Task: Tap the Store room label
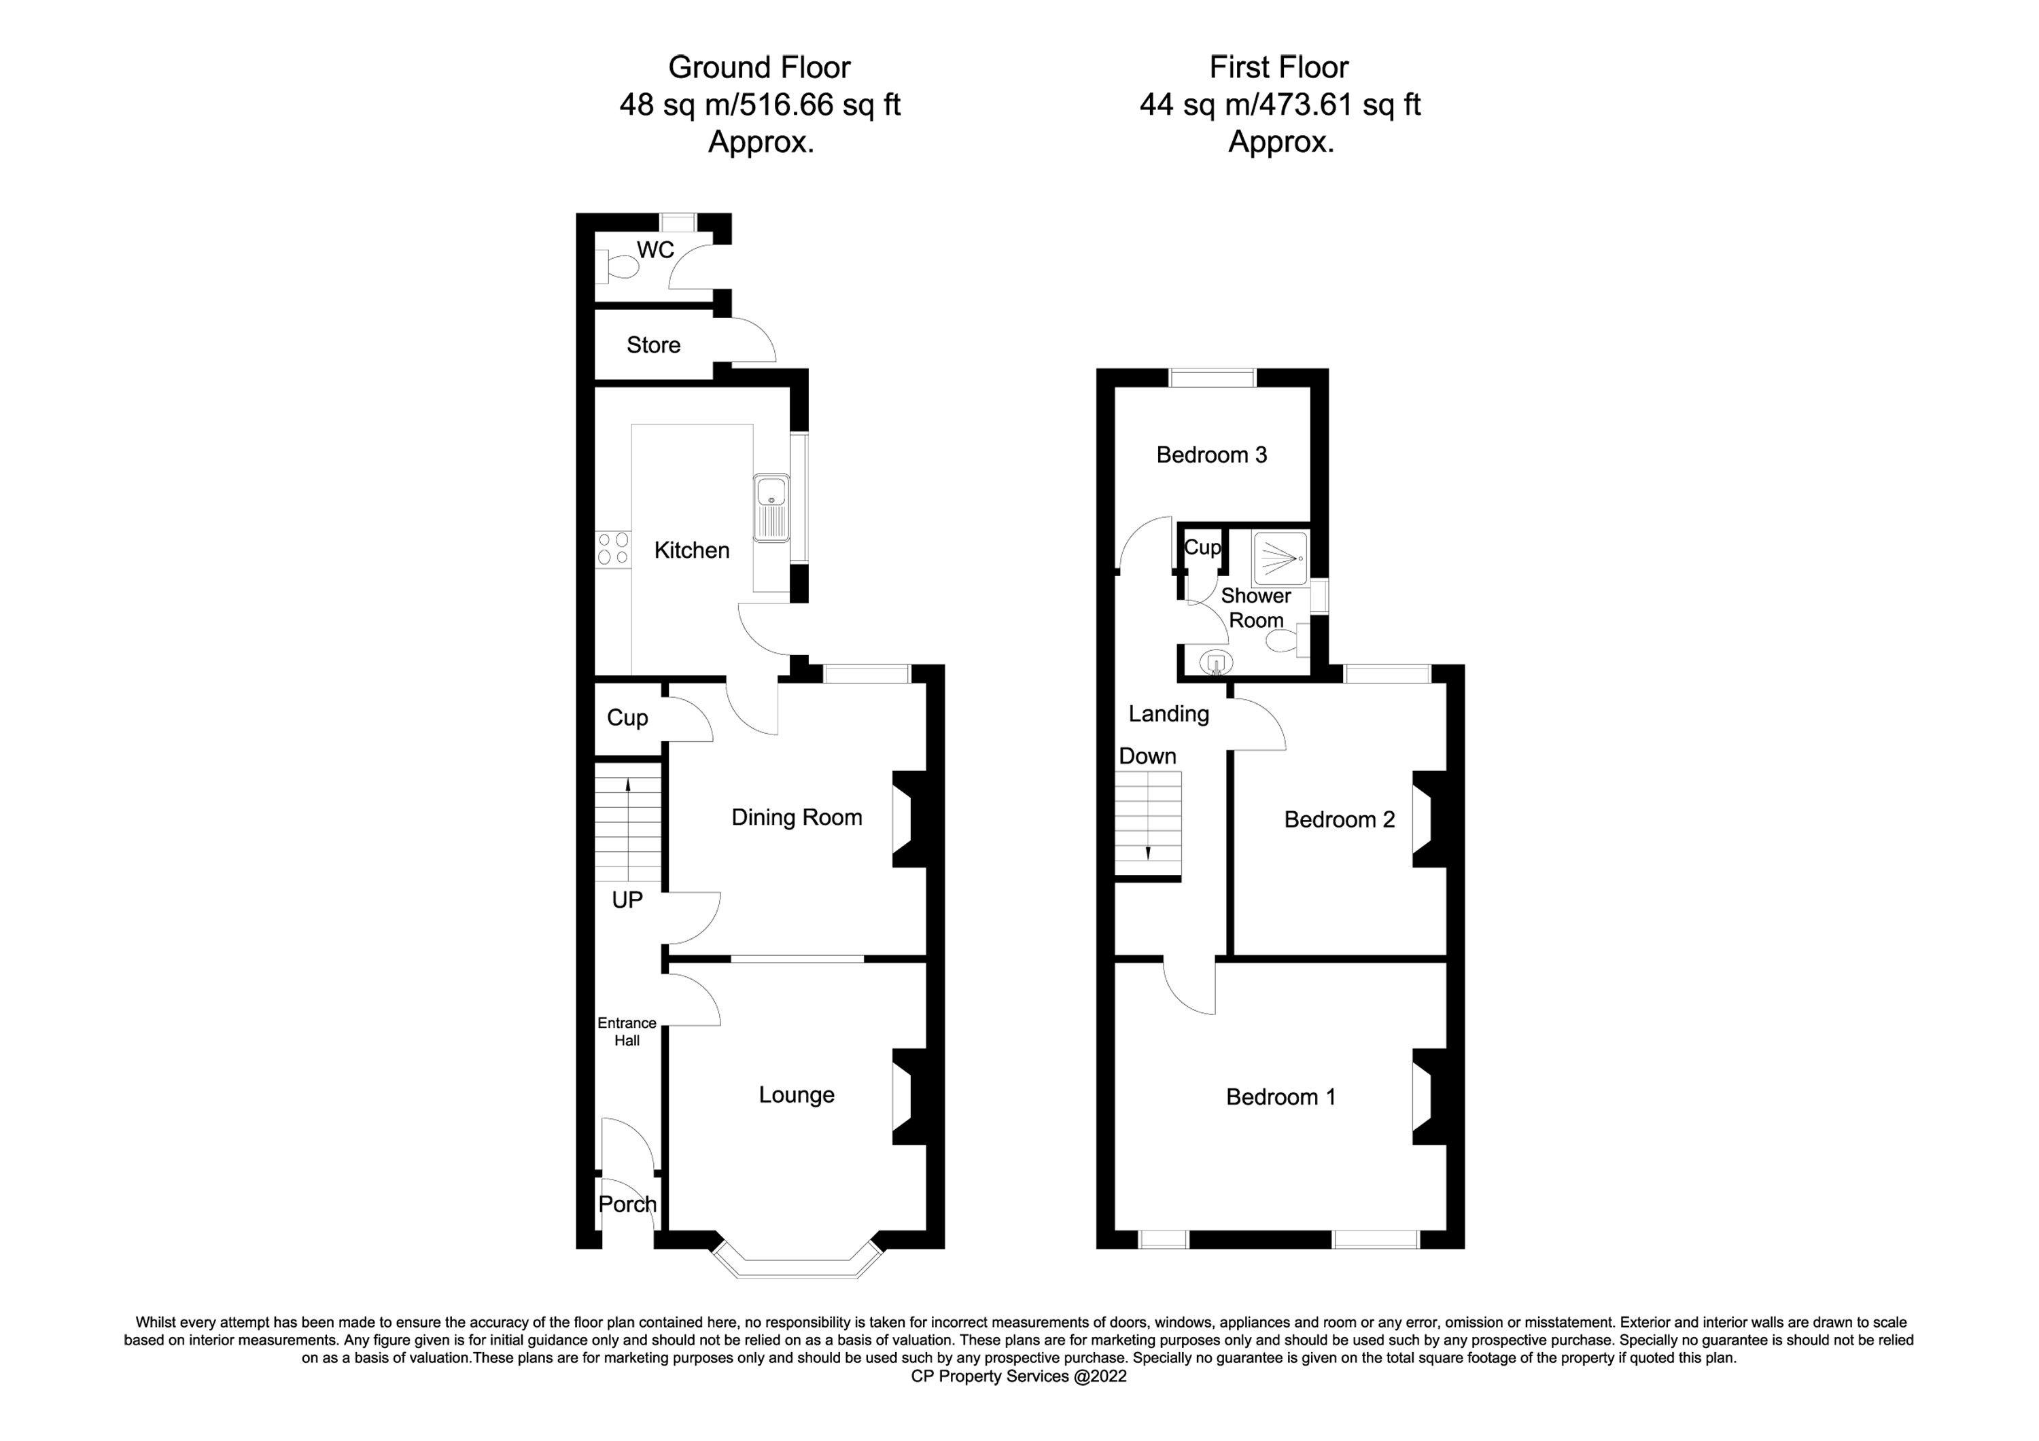(x=654, y=345)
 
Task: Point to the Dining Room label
(x=797, y=818)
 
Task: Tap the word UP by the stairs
(x=627, y=900)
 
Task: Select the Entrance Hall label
(x=627, y=1032)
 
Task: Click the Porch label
(x=628, y=1204)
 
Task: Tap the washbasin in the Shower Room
(x=1216, y=662)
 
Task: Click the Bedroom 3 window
(x=1213, y=377)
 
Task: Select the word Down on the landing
(x=1147, y=756)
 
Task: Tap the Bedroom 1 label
(x=1280, y=1097)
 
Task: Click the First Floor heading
(x=1279, y=67)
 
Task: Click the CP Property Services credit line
(x=1019, y=1376)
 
